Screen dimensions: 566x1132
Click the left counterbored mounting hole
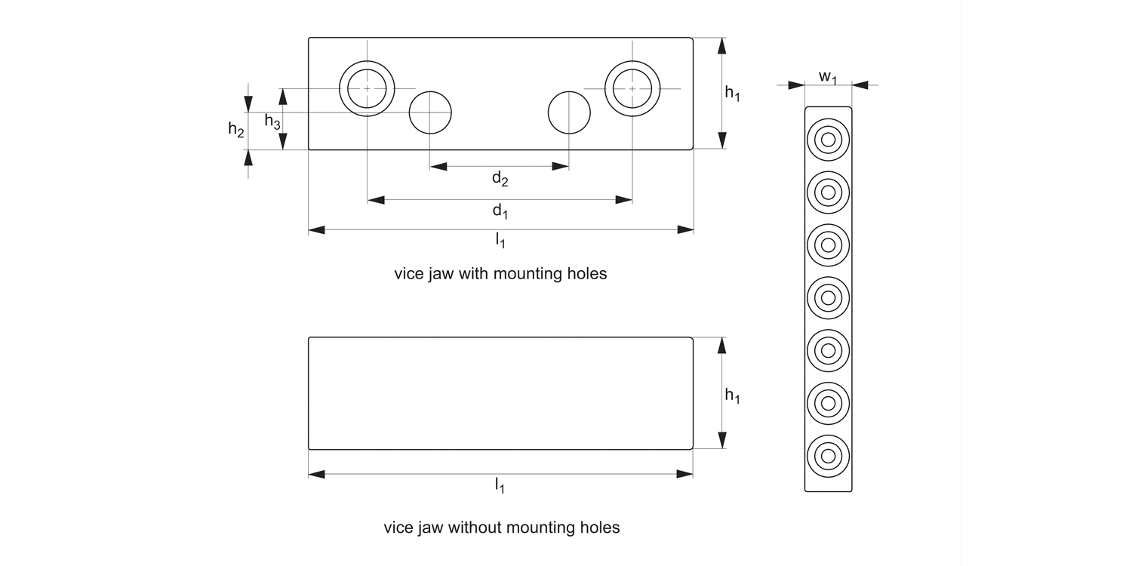(x=368, y=88)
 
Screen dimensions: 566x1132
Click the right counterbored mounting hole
(x=632, y=88)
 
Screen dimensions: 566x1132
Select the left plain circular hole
(x=430, y=112)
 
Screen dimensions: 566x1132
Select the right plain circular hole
(x=569, y=112)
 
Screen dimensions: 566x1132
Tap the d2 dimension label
(x=500, y=179)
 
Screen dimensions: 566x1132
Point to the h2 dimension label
(x=236, y=130)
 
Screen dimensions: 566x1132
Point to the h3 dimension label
(x=272, y=121)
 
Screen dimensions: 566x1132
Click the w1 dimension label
(x=828, y=77)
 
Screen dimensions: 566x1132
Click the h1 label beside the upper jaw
(x=732, y=93)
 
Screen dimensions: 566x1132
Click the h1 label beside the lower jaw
(x=732, y=395)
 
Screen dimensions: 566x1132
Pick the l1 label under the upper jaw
(x=500, y=241)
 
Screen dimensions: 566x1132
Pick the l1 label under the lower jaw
(x=500, y=485)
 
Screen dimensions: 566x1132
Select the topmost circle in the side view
(x=828, y=140)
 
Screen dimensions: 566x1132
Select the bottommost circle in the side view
(x=828, y=456)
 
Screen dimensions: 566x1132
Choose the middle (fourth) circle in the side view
(x=828, y=298)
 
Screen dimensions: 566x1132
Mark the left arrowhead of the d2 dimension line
(x=438, y=166)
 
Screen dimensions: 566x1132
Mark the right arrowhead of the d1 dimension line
(x=624, y=200)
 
